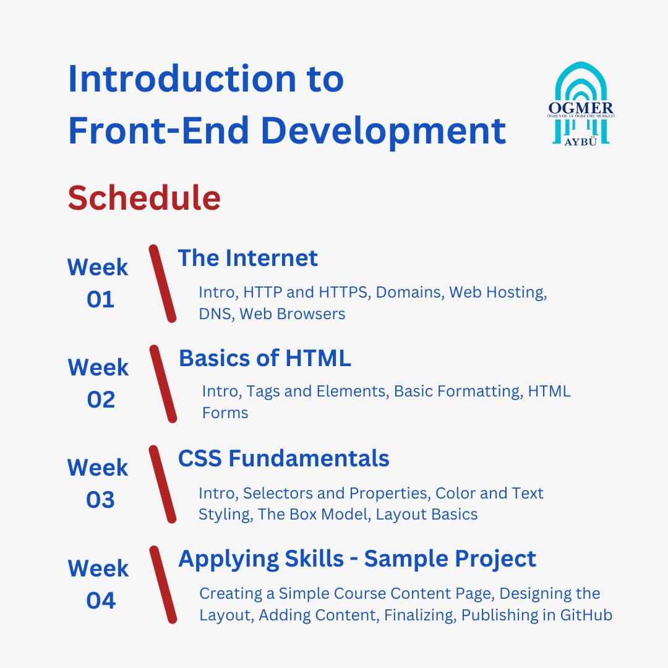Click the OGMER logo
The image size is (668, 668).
581,104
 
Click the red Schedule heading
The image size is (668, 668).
144,198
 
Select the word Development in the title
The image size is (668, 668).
383,131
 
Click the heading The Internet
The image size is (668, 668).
247,258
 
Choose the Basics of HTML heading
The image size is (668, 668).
265,358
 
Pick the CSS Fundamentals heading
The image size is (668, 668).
283,458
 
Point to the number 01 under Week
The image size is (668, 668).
101,299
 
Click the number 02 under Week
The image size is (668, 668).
101,400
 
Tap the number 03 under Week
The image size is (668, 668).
101,500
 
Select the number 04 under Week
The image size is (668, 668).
101,600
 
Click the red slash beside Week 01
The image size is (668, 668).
162,284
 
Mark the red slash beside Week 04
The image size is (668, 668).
163,584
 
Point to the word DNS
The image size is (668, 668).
216,314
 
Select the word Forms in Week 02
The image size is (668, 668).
225,413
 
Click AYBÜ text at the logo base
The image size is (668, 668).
581,142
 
